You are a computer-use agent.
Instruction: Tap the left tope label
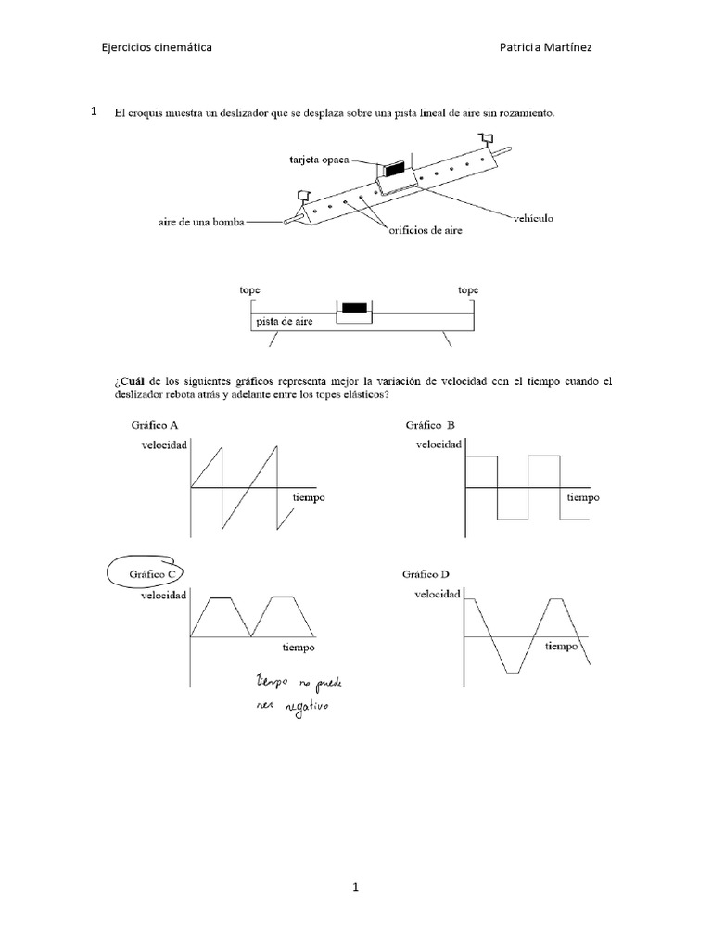coord(249,290)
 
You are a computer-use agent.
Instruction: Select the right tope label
coord(468,290)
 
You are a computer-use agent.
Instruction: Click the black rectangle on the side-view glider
coord(353,308)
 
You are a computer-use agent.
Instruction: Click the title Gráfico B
coord(430,425)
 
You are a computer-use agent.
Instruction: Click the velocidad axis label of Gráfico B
coord(439,445)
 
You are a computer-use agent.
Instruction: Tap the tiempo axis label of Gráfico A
coord(309,498)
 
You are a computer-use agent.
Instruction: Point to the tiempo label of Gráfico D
coord(562,646)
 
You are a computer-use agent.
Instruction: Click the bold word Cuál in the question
coord(133,381)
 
